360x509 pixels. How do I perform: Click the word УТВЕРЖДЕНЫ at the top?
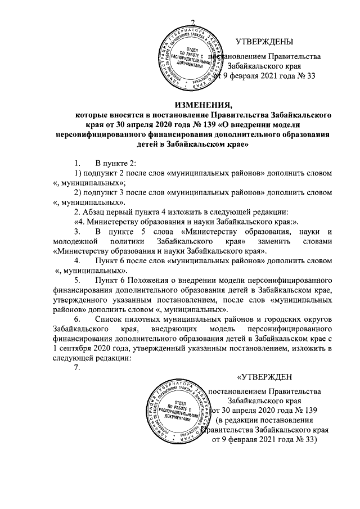265,42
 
